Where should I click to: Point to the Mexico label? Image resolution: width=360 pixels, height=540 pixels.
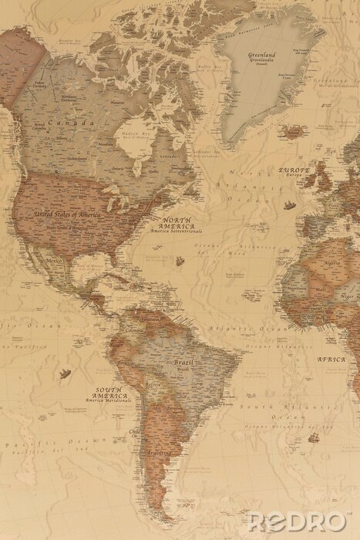pyautogui.click(x=55, y=262)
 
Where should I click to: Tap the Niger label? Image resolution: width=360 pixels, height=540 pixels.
pyautogui.click(x=348, y=295)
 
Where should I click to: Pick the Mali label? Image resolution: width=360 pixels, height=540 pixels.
pyautogui.click(x=320, y=290)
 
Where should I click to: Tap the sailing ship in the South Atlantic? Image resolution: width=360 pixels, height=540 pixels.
pyautogui.click(x=315, y=438)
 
